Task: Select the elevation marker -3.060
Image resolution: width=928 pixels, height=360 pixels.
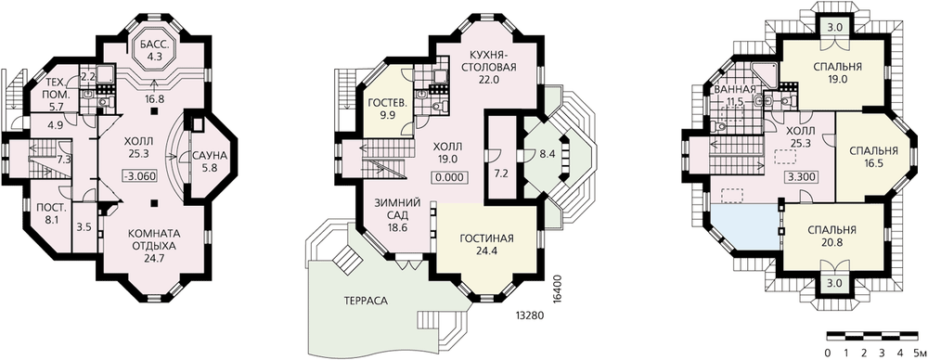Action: (138, 175)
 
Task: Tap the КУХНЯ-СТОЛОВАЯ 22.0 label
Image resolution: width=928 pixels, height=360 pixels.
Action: (489, 67)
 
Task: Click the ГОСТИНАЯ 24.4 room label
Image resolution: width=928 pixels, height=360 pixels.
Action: (486, 244)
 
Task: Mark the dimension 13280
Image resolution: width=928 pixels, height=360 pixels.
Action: (529, 315)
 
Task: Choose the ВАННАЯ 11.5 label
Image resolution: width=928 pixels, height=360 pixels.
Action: (735, 96)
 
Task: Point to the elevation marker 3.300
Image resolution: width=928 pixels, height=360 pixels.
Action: (799, 176)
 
